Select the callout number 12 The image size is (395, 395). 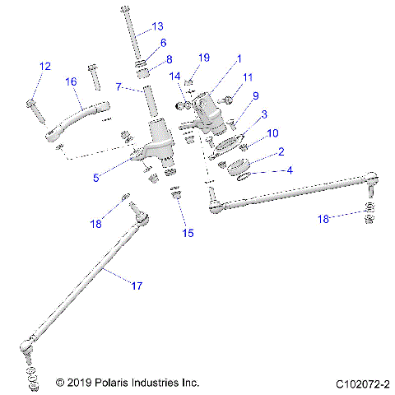(x=44, y=66)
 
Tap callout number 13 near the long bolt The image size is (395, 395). (x=157, y=26)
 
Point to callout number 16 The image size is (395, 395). (x=71, y=81)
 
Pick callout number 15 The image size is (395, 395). (x=188, y=233)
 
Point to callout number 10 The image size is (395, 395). (x=273, y=132)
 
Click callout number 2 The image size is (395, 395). (x=281, y=152)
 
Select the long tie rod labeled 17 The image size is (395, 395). (x=91, y=280)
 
